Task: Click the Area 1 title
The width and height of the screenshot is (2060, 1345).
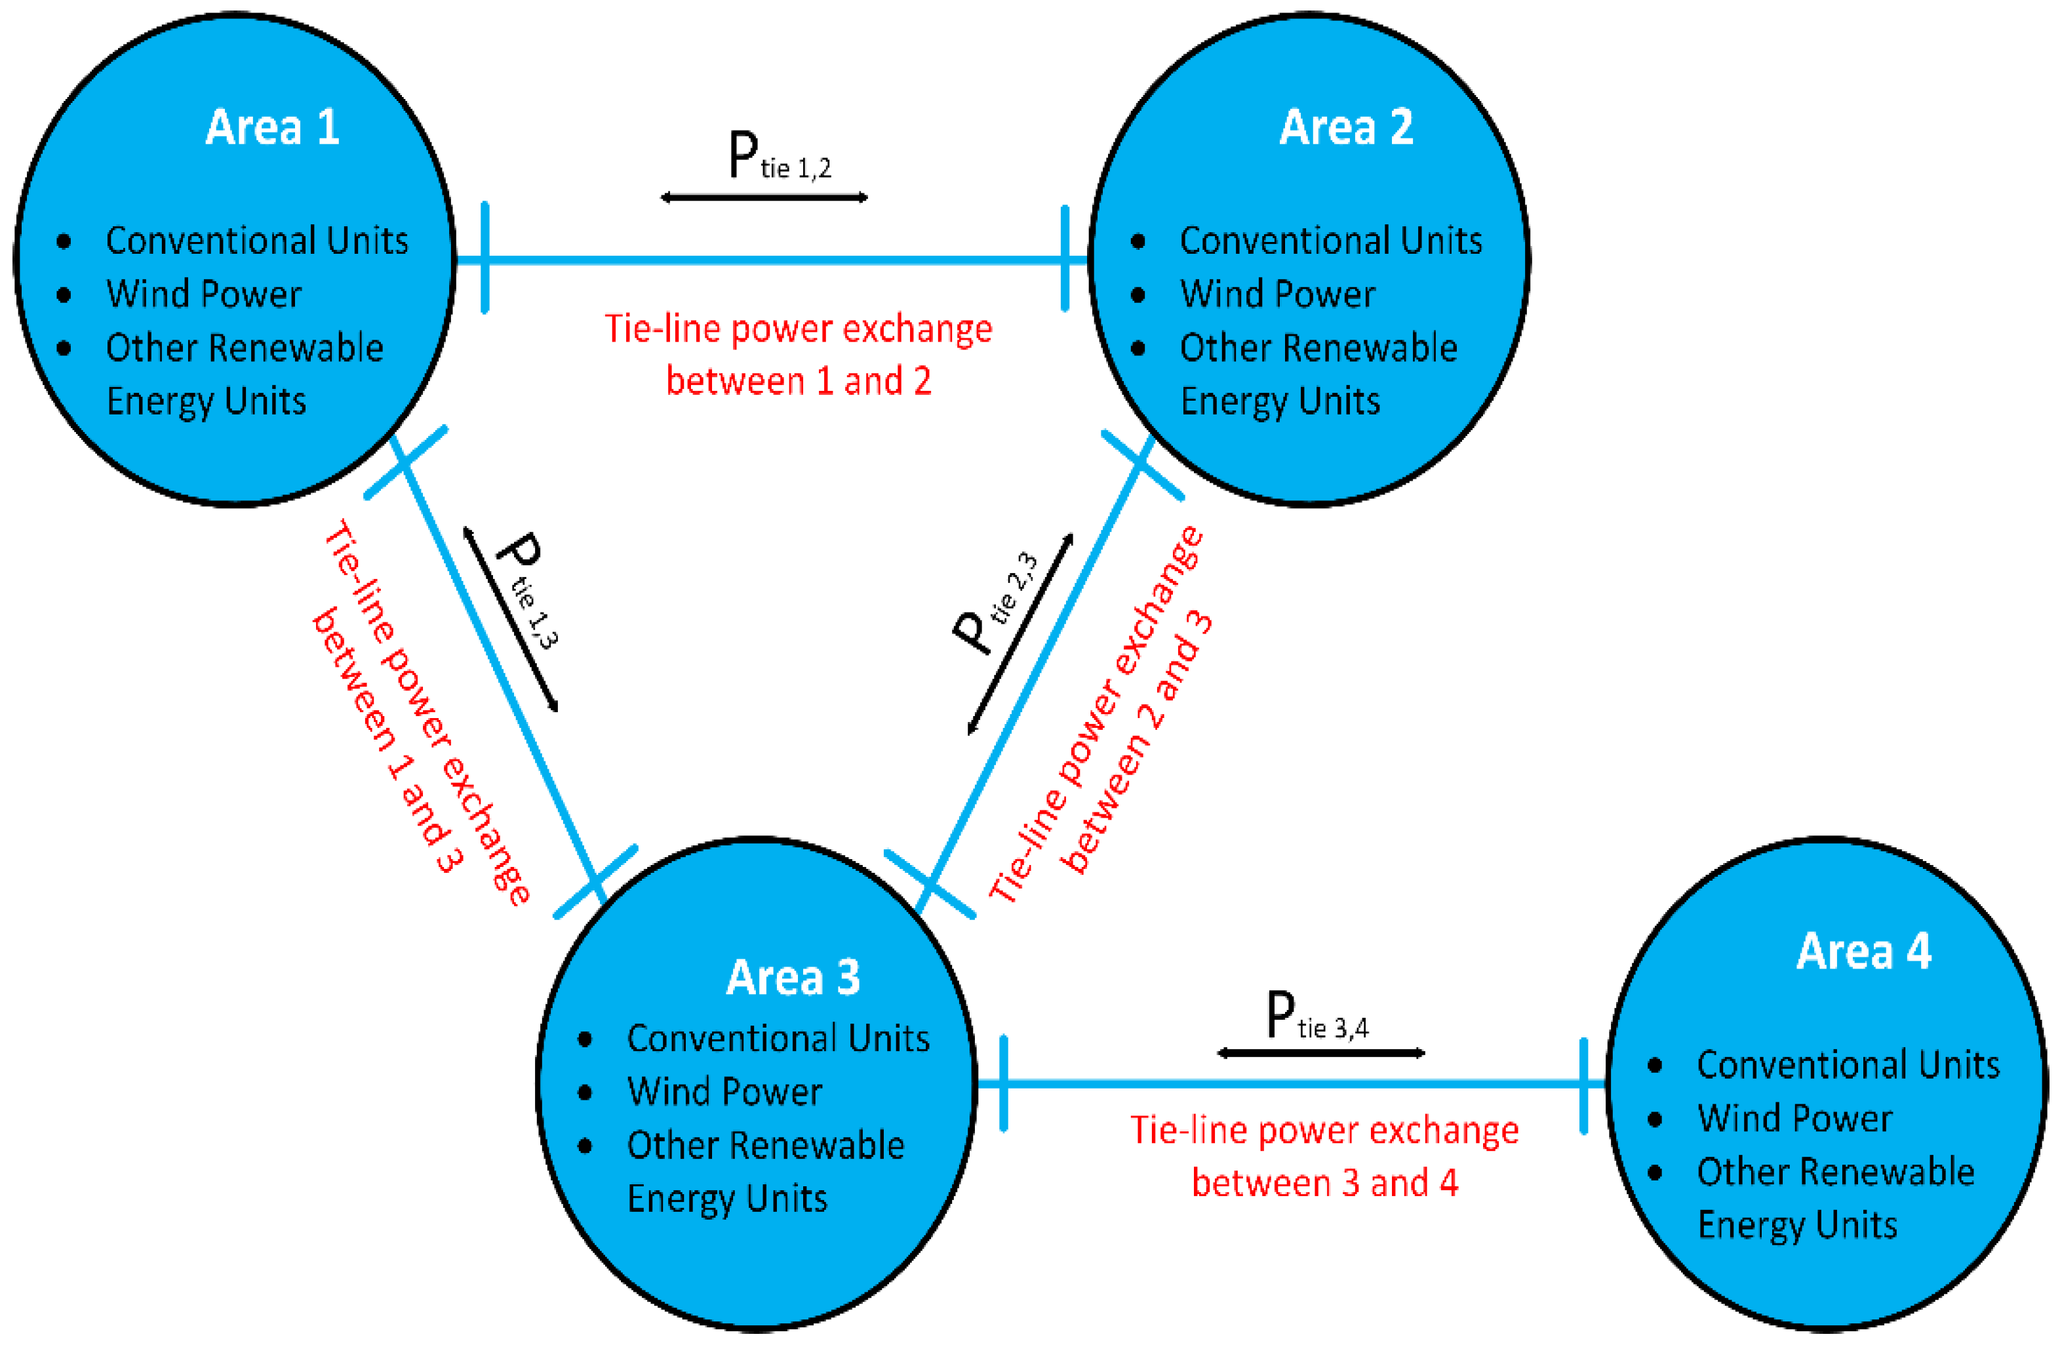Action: [272, 127]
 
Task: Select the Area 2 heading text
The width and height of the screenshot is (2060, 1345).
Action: [1346, 127]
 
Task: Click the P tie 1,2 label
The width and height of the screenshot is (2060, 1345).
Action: [778, 157]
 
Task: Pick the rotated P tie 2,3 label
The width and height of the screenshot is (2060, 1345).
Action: [995, 606]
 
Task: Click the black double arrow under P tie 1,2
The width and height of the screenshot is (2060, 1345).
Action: [763, 197]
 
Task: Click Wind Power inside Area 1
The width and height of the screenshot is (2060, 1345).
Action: [203, 294]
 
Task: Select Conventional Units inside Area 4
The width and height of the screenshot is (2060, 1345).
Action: [1848, 1064]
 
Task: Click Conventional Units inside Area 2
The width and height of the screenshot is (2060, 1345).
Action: [1330, 241]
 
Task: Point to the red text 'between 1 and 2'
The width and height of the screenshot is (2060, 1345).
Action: [798, 382]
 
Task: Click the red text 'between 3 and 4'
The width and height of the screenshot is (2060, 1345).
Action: [1324, 1183]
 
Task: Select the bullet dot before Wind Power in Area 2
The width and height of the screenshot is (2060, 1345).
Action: [1138, 295]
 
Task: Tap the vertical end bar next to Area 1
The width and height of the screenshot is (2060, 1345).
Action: [485, 258]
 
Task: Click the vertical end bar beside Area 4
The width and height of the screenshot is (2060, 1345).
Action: [1583, 1085]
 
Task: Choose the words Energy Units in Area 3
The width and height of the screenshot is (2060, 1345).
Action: [727, 1199]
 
